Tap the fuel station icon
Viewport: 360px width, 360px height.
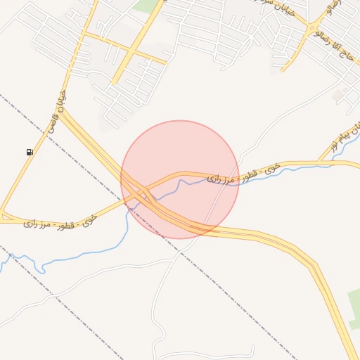pyautogui.click(x=29, y=152)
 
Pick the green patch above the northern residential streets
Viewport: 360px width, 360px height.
pyautogui.click(x=148, y=6)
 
